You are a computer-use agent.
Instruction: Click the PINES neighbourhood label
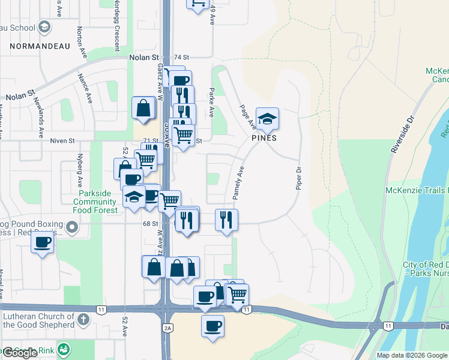click(264, 137)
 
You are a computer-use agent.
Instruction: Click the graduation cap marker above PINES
click(268, 118)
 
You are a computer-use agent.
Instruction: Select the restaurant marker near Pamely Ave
click(226, 220)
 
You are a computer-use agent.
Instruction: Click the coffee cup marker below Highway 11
click(212, 326)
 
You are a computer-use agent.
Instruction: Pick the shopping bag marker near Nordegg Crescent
click(145, 109)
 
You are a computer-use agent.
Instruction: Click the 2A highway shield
click(168, 327)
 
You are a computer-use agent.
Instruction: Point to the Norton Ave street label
click(79, 38)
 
